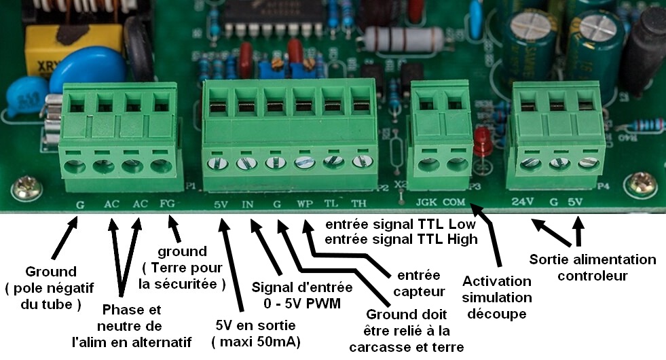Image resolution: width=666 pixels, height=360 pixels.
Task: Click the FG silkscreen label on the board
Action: [x=168, y=204]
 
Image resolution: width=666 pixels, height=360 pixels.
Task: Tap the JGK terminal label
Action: [x=426, y=202]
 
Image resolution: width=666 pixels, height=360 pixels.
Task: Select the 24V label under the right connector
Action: [x=523, y=202]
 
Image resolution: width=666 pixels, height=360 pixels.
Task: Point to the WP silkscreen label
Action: [x=305, y=204]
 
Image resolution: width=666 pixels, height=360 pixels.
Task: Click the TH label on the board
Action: [x=358, y=204]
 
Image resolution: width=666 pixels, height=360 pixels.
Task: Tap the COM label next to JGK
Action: [x=454, y=202]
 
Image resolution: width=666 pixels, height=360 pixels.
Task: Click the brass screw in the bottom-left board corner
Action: [x=26, y=189]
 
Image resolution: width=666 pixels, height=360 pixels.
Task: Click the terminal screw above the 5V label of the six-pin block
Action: [x=218, y=163]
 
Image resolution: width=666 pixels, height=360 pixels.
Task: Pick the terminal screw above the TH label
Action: [x=363, y=162]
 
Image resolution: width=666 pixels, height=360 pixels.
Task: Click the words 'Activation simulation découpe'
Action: [x=497, y=298]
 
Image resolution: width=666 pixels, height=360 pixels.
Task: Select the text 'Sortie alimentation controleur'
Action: [x=593, y=268]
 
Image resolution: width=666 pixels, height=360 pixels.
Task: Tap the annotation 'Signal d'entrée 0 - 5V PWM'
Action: [x=302, y=295]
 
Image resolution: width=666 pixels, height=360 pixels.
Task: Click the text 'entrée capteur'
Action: [x=419, y=283]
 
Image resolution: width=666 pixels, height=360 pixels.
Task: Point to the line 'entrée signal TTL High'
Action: [x=401, y=239]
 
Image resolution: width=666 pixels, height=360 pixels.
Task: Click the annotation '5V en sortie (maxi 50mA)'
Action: [x=256, y=334]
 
